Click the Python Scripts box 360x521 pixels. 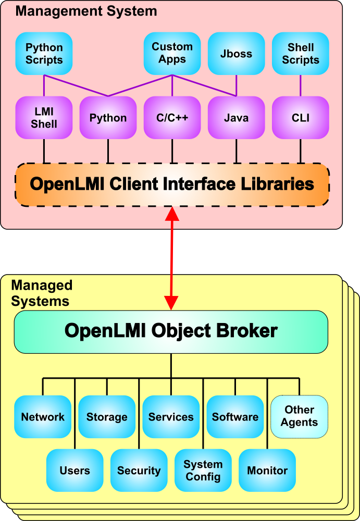(x=44, y=53)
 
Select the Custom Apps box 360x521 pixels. (x=172, y=53)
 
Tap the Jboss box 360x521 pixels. (x=236, y=53)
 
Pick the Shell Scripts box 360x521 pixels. (x=300, y=53)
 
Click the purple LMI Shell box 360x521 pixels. (x=44, y=118)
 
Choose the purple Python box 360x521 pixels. (x=108, y=118)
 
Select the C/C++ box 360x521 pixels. (x=172, y=118)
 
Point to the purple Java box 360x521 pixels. (x=236, y=118)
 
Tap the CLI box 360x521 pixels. (x=300, y=118)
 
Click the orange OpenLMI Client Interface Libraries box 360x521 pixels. (x=172, y=184)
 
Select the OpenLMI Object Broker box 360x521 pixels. (x=171, y=331)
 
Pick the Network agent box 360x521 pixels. (x=43, y=417)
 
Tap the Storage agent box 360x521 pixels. (x=107, y=417)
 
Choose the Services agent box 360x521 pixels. (x=171, y=417)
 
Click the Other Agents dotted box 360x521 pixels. (x=299, y=417)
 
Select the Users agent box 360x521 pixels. (x=75, y=470)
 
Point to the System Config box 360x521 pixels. (x=203, y=470)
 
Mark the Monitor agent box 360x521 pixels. (x=267, y=470)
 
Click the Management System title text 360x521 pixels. (x=86, y=11)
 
